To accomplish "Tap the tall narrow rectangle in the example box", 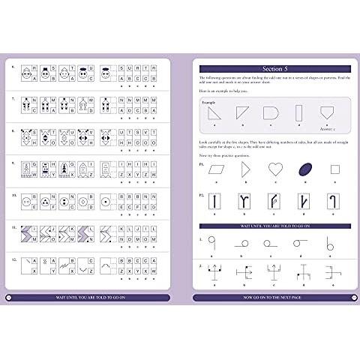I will click(x=298, y=115).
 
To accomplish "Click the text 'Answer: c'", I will click(x=328, y=130).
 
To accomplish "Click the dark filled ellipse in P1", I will click(x=304, y=169).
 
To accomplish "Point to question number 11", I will click(x=14, y=224).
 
